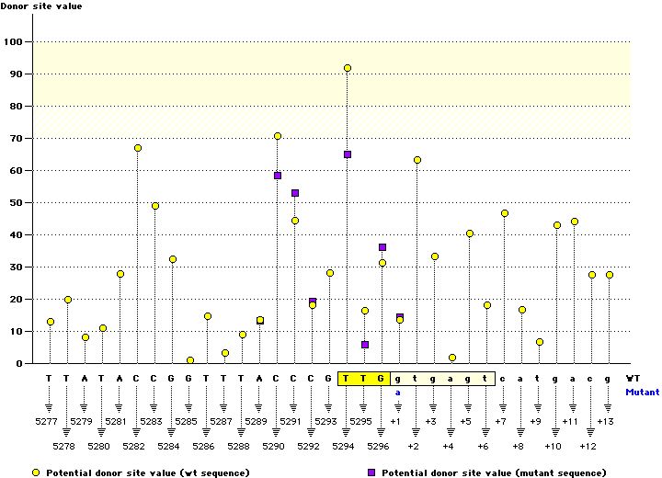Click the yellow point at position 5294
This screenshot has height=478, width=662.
click(348, 68)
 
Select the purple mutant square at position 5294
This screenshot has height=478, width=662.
click(348, 154)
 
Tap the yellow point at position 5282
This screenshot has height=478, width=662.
click(138, 148)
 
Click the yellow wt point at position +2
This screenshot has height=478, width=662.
click(417, 160)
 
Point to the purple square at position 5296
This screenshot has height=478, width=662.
click(382, 247)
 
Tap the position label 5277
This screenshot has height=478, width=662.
click(50, 422)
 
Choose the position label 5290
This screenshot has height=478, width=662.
click(274, 446)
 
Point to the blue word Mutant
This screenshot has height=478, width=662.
click(642, 392)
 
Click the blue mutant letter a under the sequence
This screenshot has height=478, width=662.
click(399, 392)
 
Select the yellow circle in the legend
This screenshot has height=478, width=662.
click(35, 472)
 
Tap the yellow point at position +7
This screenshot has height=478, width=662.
click(505, 213)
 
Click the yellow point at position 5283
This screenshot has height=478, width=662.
click(155, 206)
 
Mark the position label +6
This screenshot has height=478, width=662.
click(484, 446)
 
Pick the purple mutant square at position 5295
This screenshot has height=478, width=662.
click(365, 345)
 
